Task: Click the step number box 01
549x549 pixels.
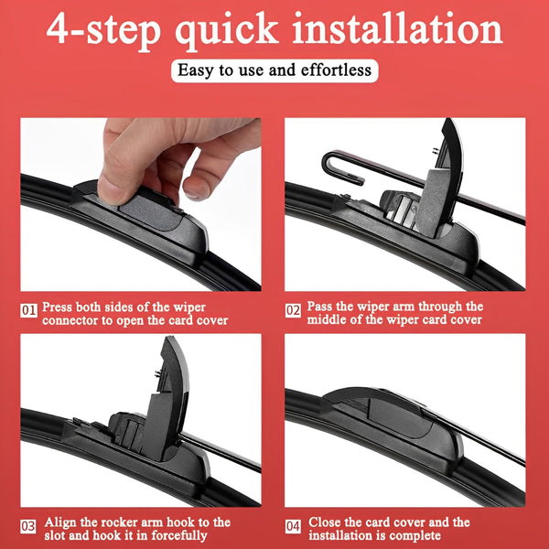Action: [x=28, y=310]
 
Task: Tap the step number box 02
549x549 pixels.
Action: [x=293, y=310]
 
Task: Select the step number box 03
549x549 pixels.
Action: [x=28, y=527]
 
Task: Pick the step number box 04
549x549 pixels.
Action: [x=293, y=527]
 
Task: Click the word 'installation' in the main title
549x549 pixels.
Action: [x=397, y=29]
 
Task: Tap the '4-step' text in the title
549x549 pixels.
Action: [x=103, y=31]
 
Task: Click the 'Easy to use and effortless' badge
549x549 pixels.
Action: [x=274, y=70]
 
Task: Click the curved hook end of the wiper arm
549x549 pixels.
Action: [x=331, y=165]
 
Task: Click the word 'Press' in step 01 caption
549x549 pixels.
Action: [x=57, y=307]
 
